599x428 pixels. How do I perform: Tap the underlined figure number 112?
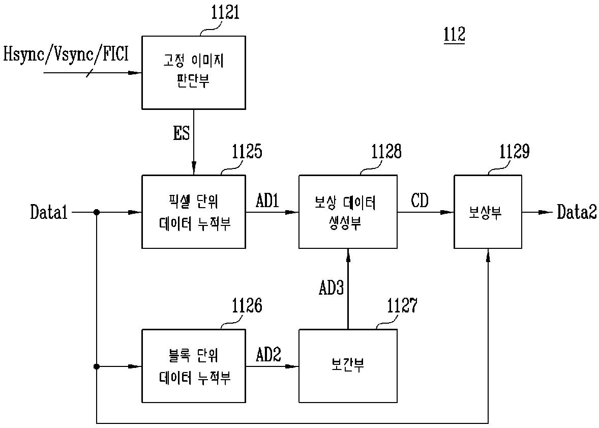[454, 35]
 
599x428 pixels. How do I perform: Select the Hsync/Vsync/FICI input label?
[66, 54]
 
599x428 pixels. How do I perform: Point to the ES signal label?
[182, 133]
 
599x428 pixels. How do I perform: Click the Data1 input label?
[49, 212]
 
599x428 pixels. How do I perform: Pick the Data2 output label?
[577, 212]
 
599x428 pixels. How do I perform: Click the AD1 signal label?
[267, 200]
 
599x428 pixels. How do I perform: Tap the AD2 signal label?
[268, 355]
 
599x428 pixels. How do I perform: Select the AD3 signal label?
[331, 288]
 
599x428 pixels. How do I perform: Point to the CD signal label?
[420, 200]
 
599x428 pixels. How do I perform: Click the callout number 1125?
[247, 152]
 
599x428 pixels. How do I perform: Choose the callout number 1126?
[247, 305]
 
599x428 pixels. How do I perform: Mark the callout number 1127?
[402, 305]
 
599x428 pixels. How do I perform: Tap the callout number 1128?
[386, 152]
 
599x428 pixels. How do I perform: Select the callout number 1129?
[515, 152]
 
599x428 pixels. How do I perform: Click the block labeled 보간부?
[348, 365]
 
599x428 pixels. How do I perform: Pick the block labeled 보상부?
[488, 212]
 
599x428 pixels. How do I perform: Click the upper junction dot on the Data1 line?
[97, 212]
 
